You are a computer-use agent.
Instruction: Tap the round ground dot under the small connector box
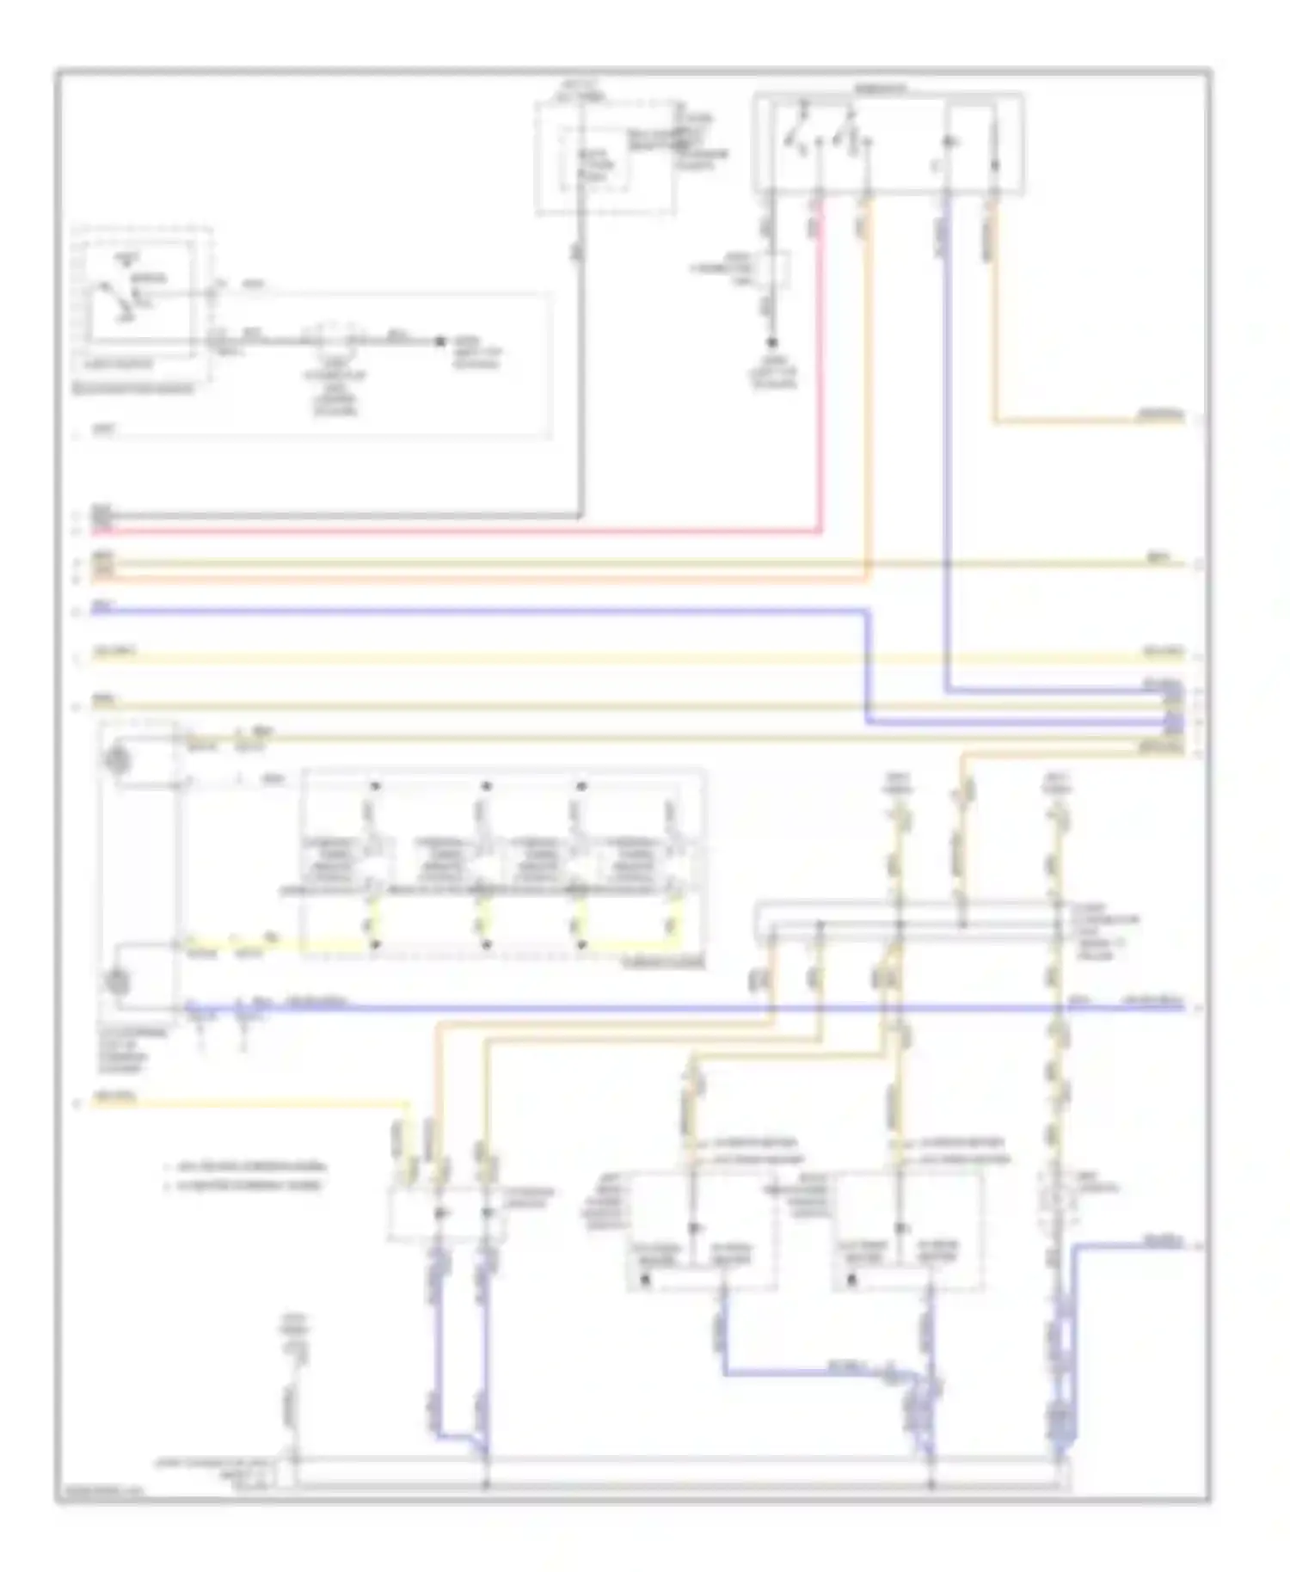click(x=771, y=342)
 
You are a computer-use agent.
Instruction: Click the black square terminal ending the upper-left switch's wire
click(x=439, y=341)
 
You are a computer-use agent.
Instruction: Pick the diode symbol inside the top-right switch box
click(x=949, y=142)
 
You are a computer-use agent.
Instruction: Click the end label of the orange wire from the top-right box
click(x=1161, y=416)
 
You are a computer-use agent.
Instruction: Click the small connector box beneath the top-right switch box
click(x=771, y=268)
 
